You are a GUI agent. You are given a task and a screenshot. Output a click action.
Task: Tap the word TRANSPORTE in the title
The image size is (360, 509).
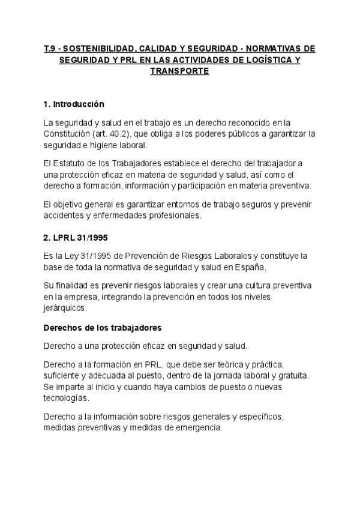tap(179, 70)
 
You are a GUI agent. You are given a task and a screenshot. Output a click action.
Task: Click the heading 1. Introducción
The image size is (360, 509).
tap(74, 104)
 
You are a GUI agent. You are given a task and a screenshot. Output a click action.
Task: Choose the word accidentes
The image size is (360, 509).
tap(64, 215)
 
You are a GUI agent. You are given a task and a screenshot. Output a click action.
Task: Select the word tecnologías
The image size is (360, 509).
tap(67, 398)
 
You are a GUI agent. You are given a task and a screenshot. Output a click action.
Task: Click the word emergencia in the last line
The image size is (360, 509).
tap(198, 428)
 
